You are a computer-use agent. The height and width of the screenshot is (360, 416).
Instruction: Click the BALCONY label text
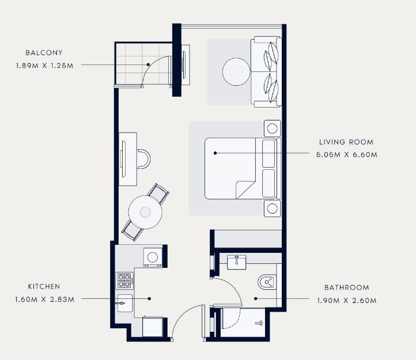[x=44, y=52]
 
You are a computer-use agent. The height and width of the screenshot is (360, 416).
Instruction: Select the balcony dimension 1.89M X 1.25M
[x=44, y=66]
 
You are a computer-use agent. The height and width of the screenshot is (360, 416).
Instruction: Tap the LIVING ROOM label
[x=346, y=142]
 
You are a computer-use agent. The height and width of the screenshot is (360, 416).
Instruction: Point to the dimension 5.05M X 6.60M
[x=346, y=155]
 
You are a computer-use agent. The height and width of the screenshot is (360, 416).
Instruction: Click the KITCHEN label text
[x=44, y=286]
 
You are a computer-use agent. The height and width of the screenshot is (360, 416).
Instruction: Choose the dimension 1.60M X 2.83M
[x=44, y=300]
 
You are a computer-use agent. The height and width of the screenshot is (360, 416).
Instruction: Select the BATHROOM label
[x=347, y=287]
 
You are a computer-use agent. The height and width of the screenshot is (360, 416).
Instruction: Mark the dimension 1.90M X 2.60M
[x=347, y=301]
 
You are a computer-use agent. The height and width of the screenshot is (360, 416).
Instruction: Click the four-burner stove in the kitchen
[x=124, y=281]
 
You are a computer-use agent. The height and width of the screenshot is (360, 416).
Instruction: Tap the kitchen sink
[x=124, y=303]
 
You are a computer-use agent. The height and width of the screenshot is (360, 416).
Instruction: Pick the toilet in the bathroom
[x=267, y=282]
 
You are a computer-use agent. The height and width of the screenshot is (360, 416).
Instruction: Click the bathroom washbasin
[x=237, y=262]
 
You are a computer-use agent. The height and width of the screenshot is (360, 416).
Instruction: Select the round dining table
[x=145, y=212]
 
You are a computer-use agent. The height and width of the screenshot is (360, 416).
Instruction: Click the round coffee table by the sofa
[x=236, y=71]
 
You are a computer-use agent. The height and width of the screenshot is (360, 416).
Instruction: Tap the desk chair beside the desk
[x=143, y=159]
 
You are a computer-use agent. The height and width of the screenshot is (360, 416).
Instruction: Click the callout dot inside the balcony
[x=148, y=65]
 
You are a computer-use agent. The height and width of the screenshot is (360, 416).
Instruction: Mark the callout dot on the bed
[x=215, y=153]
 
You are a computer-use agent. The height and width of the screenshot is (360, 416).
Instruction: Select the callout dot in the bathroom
[x=255, y=299]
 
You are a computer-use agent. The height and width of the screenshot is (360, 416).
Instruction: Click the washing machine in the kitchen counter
[x=153, y=257]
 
